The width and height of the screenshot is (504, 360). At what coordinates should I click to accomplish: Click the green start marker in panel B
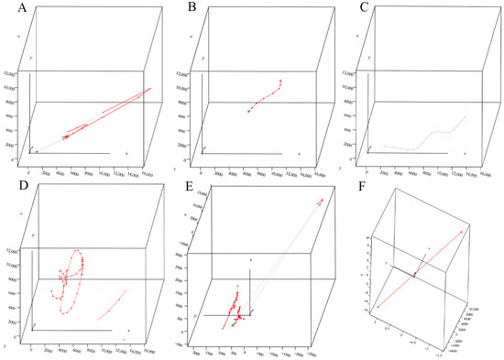(248, 111)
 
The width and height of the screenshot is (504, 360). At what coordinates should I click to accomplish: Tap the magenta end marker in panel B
(280, 82)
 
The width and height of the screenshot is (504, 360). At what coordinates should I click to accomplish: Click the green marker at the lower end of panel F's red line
(377, 306)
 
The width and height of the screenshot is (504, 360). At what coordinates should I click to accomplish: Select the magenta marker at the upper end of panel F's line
(461, 233)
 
